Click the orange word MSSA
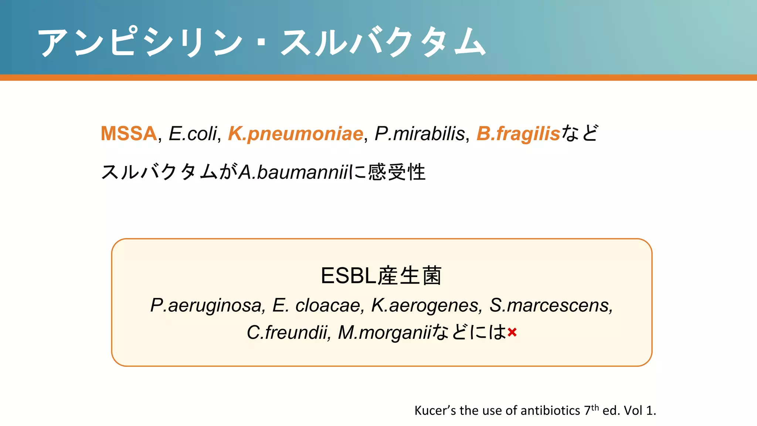(x=129, y=133)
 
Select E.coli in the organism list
(x=193, y=133)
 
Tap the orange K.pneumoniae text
(x=295, y=134)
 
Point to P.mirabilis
(x=420, y=133)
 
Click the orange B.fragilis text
(x=518, y=134)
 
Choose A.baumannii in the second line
(x=293, y=172)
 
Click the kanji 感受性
(x=397, y=172)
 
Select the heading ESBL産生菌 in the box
(x=381, y=276)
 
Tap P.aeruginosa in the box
(x=206, y=306)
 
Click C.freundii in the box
(x=288, y=332)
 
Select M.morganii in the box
(x=384, y=332)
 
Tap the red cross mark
(x=512, y=332)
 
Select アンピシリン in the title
(x=140, y=43)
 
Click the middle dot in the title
(x=262, y=43)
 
